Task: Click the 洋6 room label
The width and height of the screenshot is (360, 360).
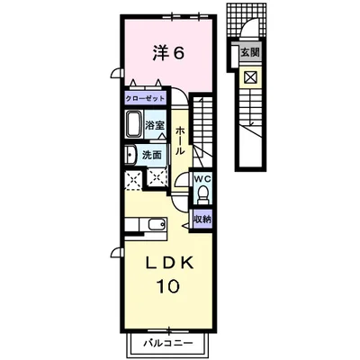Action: (168, 53)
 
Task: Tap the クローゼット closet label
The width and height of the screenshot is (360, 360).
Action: (145, 99)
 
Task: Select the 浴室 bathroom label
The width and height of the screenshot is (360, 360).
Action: (155, 125)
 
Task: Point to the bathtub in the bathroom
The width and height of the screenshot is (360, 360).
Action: (134, 124)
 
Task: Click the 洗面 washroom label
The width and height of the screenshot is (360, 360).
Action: (151, 155)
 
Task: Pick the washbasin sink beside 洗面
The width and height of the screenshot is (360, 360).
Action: (130, 155)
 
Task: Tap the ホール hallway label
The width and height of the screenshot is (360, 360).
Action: (180, 140)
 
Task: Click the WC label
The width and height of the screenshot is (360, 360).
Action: (202, 179)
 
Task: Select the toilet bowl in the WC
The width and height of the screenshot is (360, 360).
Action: (203, 193)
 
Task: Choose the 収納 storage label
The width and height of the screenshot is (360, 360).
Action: (202, 219)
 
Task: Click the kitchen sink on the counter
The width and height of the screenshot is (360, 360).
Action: (157, 224)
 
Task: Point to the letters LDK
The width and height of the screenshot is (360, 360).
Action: (168, 264)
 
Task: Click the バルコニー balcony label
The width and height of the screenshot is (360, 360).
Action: (167, 342)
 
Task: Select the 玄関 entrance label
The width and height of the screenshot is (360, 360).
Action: (249, 53)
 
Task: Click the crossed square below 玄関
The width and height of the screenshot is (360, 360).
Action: (250, 77)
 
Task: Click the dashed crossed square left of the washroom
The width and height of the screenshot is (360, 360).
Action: (133, 180)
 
